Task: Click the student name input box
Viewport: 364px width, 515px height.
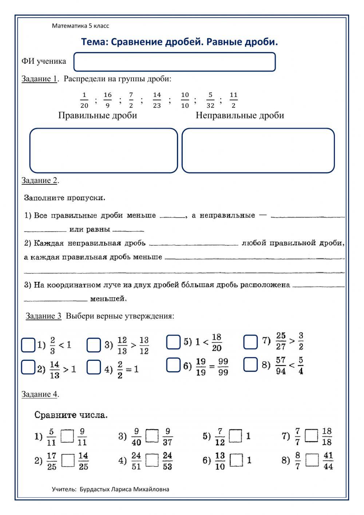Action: coord(174,62)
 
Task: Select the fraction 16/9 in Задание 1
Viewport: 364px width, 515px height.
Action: coord(107,100)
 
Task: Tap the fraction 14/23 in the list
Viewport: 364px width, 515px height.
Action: coord(157,100)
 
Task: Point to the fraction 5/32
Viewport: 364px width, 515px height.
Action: coord(210,100)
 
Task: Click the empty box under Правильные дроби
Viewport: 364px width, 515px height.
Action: coord(103,150)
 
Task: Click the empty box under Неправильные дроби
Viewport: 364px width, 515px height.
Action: coord(258,150)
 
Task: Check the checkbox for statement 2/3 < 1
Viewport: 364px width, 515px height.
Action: coord(28,345)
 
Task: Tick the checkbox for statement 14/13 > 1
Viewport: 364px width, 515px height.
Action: coord(28,367)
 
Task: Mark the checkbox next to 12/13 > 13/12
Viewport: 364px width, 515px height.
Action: coord(94,345)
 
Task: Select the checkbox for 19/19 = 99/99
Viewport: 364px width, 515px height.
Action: coord(173,365)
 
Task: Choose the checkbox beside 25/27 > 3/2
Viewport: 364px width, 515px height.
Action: coord(250,342)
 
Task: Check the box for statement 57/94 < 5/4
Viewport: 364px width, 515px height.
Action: coord(250,364)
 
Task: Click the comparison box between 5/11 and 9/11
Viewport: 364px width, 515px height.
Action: coord(67,436)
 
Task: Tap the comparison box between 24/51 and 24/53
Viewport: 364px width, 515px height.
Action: coord(152,460)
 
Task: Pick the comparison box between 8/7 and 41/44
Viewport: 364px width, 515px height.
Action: coord(312,460)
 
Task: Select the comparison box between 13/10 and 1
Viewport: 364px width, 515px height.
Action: coord(237,460)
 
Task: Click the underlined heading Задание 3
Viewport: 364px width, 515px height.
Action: coord(43,316)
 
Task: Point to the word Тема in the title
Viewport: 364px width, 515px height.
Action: coord(93,42)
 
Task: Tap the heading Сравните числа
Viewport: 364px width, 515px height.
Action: coord(71,415)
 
